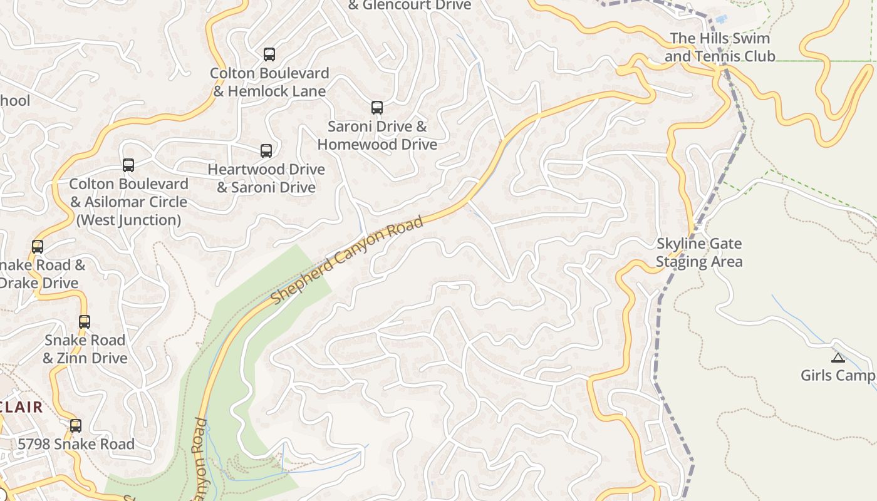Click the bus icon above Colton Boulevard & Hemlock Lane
269,54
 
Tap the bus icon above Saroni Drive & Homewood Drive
376,108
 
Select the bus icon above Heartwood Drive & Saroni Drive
266,151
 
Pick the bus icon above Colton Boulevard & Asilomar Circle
128,165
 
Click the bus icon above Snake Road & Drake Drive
38,247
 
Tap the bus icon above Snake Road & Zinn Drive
85,322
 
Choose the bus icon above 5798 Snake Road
76,426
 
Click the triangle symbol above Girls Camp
838,358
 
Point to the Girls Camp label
838,375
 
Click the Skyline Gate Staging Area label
699,252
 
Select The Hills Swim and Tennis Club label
720,47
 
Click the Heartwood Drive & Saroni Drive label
266,178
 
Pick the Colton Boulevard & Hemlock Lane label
269,82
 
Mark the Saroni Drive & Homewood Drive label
377,135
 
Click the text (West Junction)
128,220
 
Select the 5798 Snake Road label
76,444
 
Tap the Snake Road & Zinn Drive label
85,349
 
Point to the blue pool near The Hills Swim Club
721,19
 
